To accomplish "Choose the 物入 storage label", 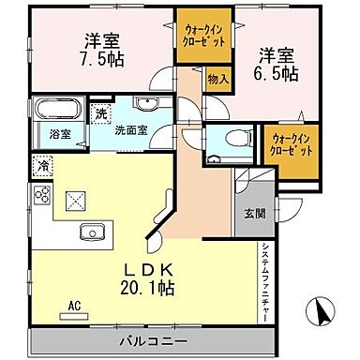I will (217, 81).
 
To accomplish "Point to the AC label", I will (75, 305).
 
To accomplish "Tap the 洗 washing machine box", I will (102, 113).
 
